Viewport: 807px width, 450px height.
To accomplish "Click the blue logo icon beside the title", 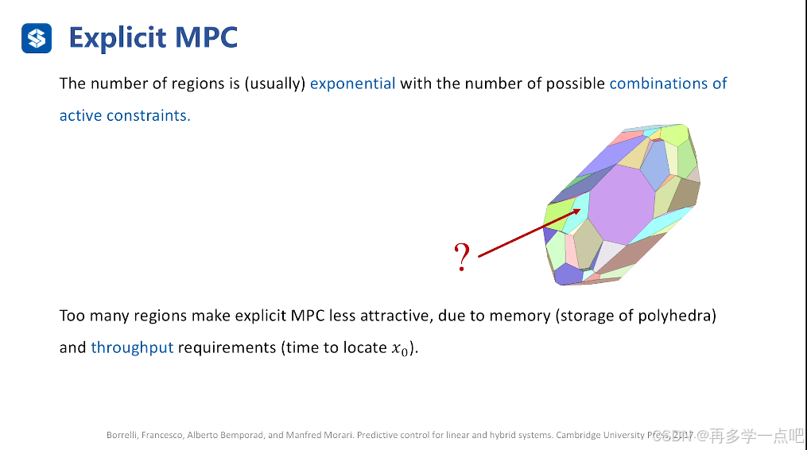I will coord(37,37).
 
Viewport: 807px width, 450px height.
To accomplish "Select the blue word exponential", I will coord(352,83).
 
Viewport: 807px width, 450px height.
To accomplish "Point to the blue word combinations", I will coord(658,83).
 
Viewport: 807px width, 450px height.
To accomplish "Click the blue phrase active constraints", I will coord(125,115).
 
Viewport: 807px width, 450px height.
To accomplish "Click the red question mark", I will coord(462,258).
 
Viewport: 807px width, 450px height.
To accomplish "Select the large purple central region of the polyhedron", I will coord(619,204).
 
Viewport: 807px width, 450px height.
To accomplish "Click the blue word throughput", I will coord(132,347).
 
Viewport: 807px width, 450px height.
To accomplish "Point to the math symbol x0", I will coord(399,348).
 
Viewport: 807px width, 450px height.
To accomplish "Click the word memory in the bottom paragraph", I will coord(521,316).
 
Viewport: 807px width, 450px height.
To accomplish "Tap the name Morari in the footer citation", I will coord(334,435).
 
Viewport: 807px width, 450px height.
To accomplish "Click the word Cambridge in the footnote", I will coord(581,435).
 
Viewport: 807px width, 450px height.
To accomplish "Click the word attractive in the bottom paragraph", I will coord(389,316).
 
